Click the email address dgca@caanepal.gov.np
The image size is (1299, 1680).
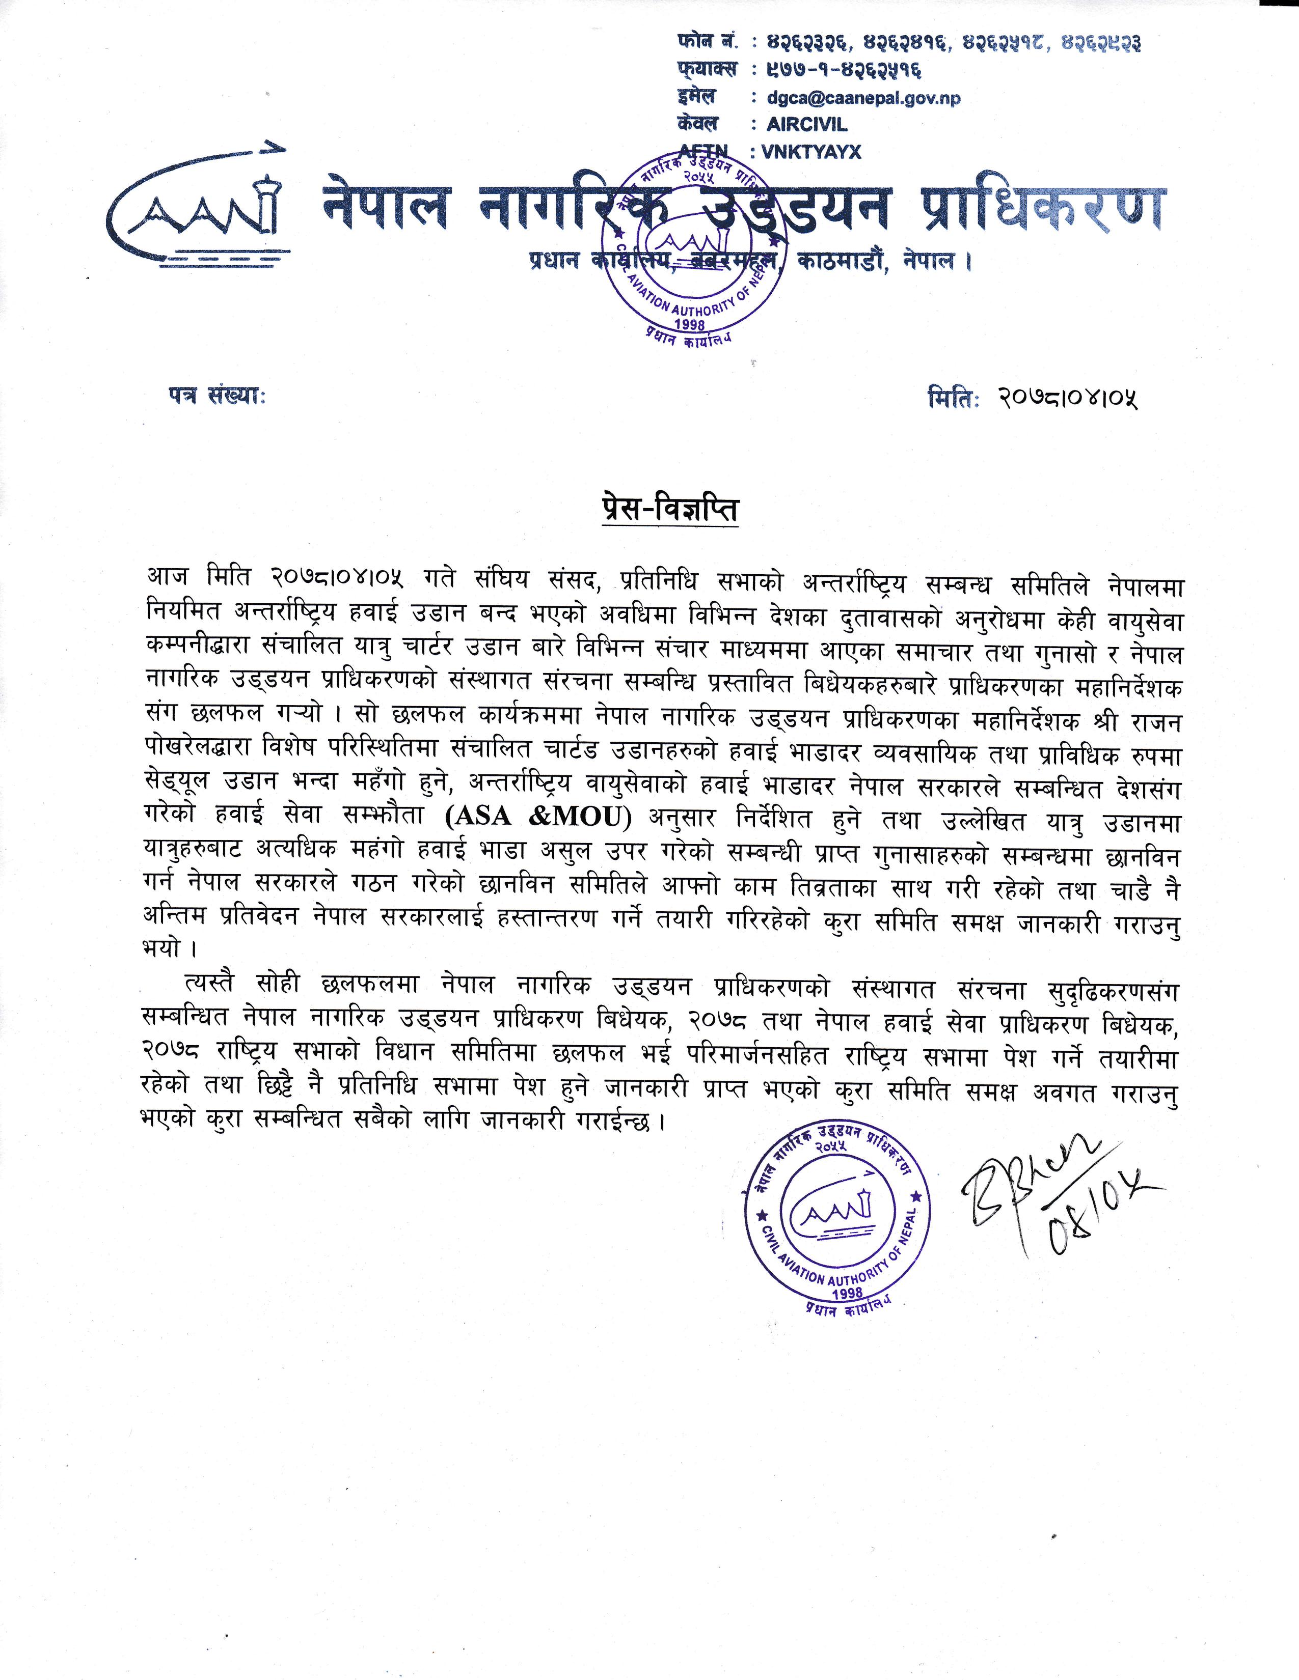pos(863,98)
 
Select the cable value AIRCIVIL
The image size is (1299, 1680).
pos(806,125)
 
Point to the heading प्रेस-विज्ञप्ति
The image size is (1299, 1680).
pos(669,510)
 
